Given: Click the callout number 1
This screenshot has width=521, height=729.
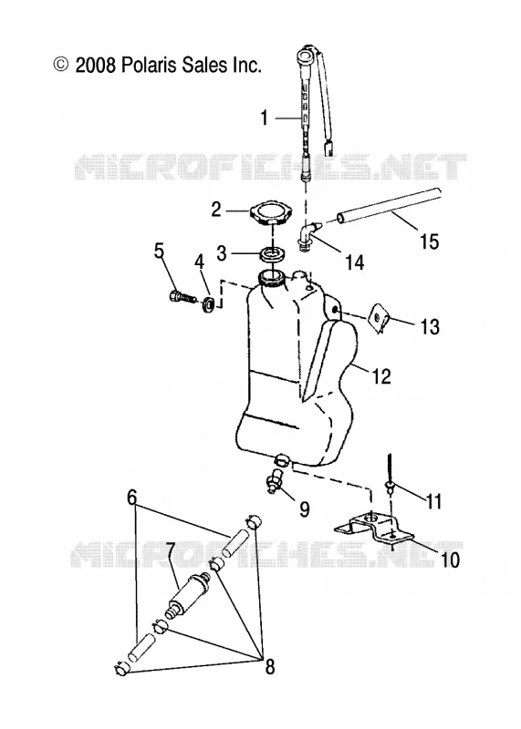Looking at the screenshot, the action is click(265, 118).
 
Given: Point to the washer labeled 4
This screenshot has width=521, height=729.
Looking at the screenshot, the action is click(209, 304).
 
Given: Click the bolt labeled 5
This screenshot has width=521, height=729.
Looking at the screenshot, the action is click(181, 296).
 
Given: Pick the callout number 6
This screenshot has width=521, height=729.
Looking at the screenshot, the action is click(131, 498).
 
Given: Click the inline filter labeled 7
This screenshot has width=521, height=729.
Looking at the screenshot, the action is click(189, 596).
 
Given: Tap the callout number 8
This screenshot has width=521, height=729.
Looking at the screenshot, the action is click(269, 667).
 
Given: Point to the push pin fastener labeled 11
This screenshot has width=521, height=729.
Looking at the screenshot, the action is click(389, 474).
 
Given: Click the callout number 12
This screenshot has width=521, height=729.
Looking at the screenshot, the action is click(381, 376).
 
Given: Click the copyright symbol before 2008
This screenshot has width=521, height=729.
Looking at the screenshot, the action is click(61, 65).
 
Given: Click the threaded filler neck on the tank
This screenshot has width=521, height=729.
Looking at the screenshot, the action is click(270, 279).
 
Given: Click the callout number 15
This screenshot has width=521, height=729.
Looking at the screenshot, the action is click(429, 241).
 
